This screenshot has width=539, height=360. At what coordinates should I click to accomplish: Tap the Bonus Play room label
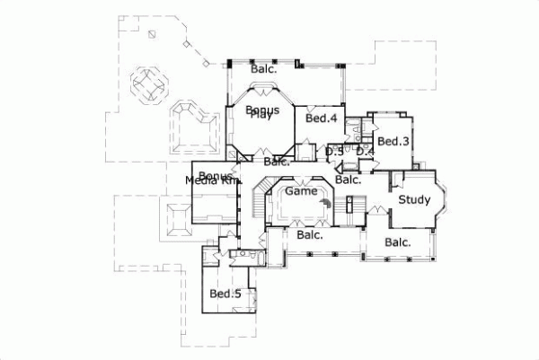261,112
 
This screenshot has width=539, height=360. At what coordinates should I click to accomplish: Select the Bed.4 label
321,119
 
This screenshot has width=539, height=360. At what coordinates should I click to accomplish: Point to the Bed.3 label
393,142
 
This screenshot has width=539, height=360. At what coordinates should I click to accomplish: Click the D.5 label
333,152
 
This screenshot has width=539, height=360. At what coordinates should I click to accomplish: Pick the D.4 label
364,152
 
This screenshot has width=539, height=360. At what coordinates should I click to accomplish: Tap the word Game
300,191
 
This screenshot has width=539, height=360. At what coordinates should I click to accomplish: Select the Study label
414,200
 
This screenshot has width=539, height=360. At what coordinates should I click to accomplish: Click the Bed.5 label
225,294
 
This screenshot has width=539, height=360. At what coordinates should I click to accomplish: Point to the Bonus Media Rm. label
215,179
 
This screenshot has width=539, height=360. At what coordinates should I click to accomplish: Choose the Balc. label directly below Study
398,242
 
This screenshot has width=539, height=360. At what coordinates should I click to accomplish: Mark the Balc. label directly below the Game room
309,235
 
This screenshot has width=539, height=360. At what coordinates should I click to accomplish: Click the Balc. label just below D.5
348,180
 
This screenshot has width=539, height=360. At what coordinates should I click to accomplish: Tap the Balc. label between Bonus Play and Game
277,162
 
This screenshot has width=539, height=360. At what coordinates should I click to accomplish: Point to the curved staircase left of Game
259,202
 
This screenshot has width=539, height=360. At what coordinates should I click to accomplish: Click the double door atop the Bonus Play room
261,87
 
